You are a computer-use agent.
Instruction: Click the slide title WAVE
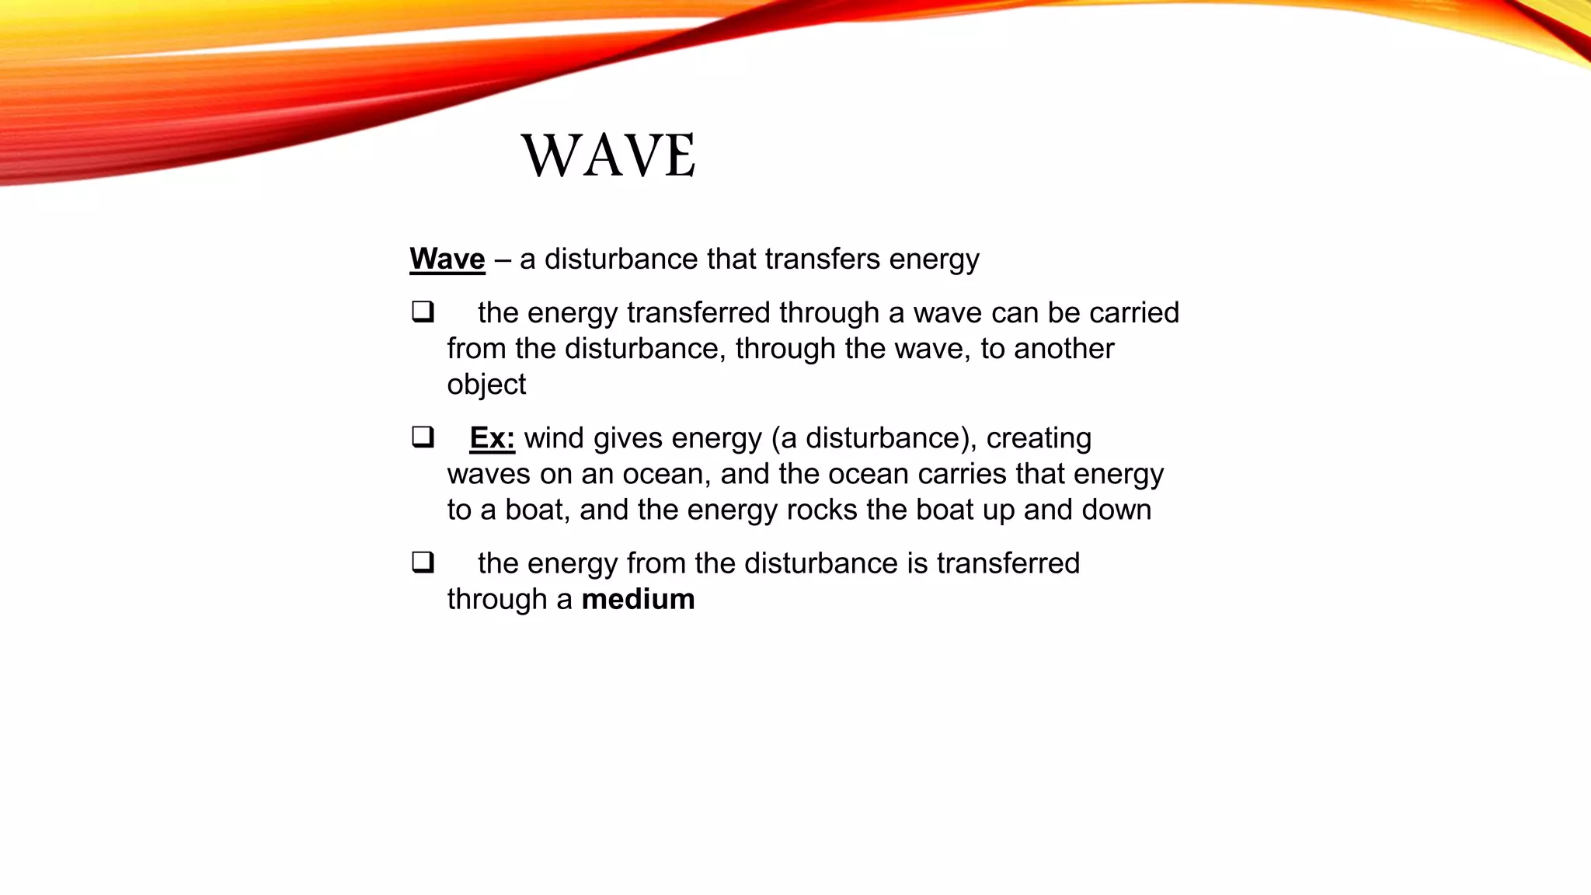(x=608, y=155)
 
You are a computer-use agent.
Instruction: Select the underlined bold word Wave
(x=447, y=259)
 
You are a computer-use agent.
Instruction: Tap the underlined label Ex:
(x=492, y=438)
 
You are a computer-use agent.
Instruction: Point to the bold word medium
(x=638, y=599)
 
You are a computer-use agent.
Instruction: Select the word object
(x=486, y=385)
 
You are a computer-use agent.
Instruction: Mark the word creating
(x=1039, y=438)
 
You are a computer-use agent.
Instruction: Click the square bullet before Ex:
(x=423, y=437)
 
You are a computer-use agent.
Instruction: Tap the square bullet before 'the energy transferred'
(x=423, y=312)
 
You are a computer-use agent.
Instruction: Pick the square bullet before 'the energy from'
(x=423, y=562)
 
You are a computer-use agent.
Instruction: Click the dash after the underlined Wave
(x=502, y=259)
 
